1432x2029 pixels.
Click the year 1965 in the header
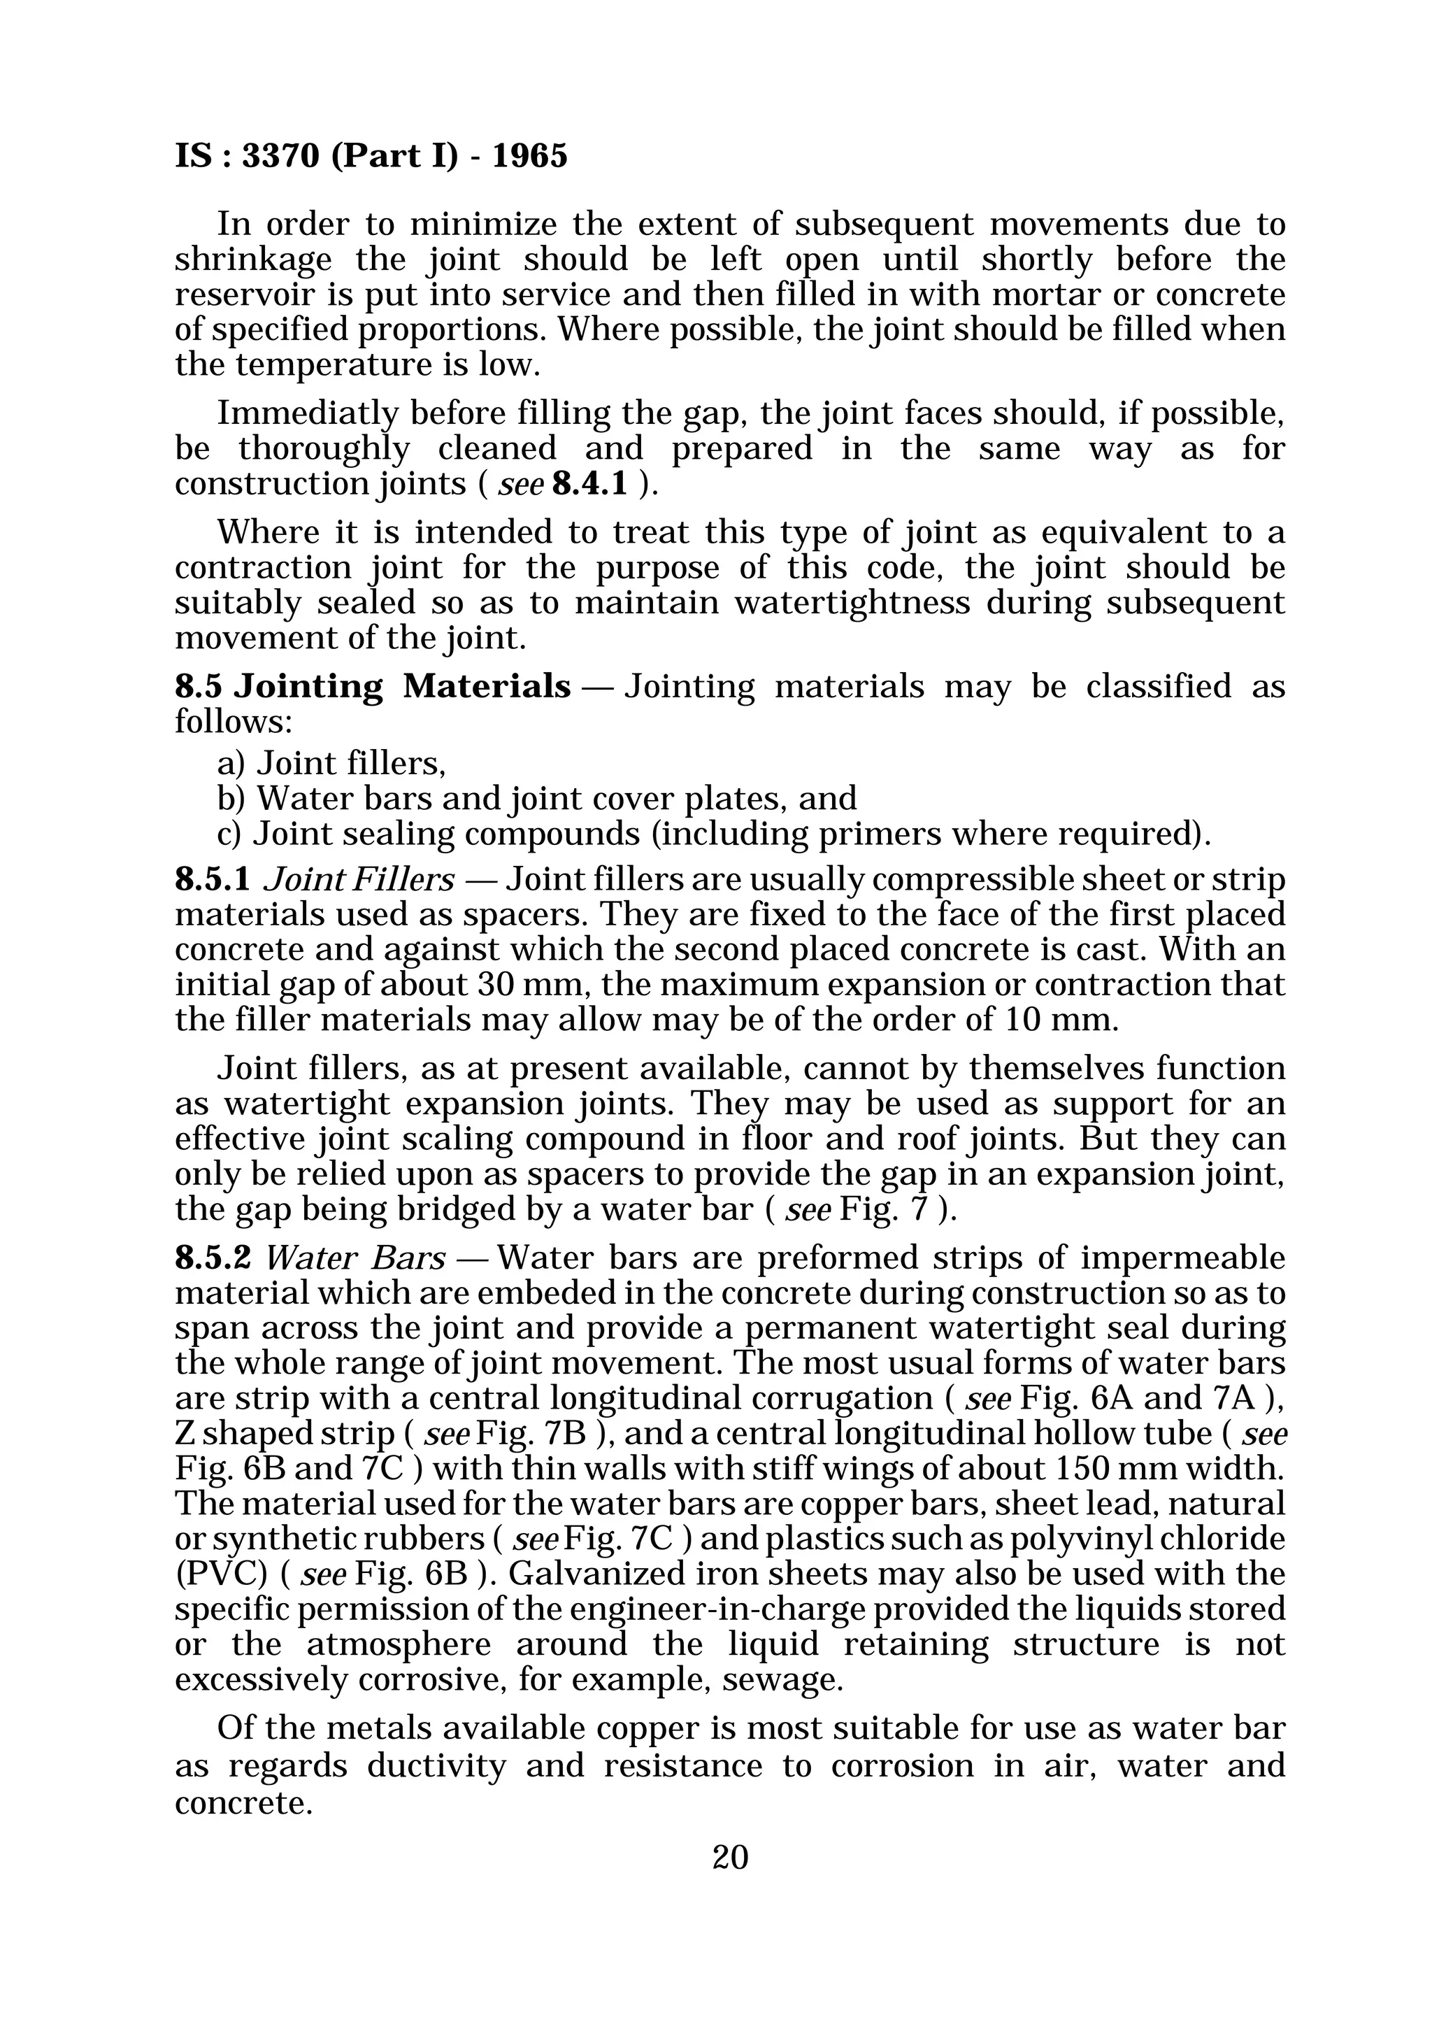[529, 157]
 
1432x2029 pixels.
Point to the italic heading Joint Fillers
[359, 880]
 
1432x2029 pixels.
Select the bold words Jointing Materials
[402, 687]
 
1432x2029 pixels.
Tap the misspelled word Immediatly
[308, 413]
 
